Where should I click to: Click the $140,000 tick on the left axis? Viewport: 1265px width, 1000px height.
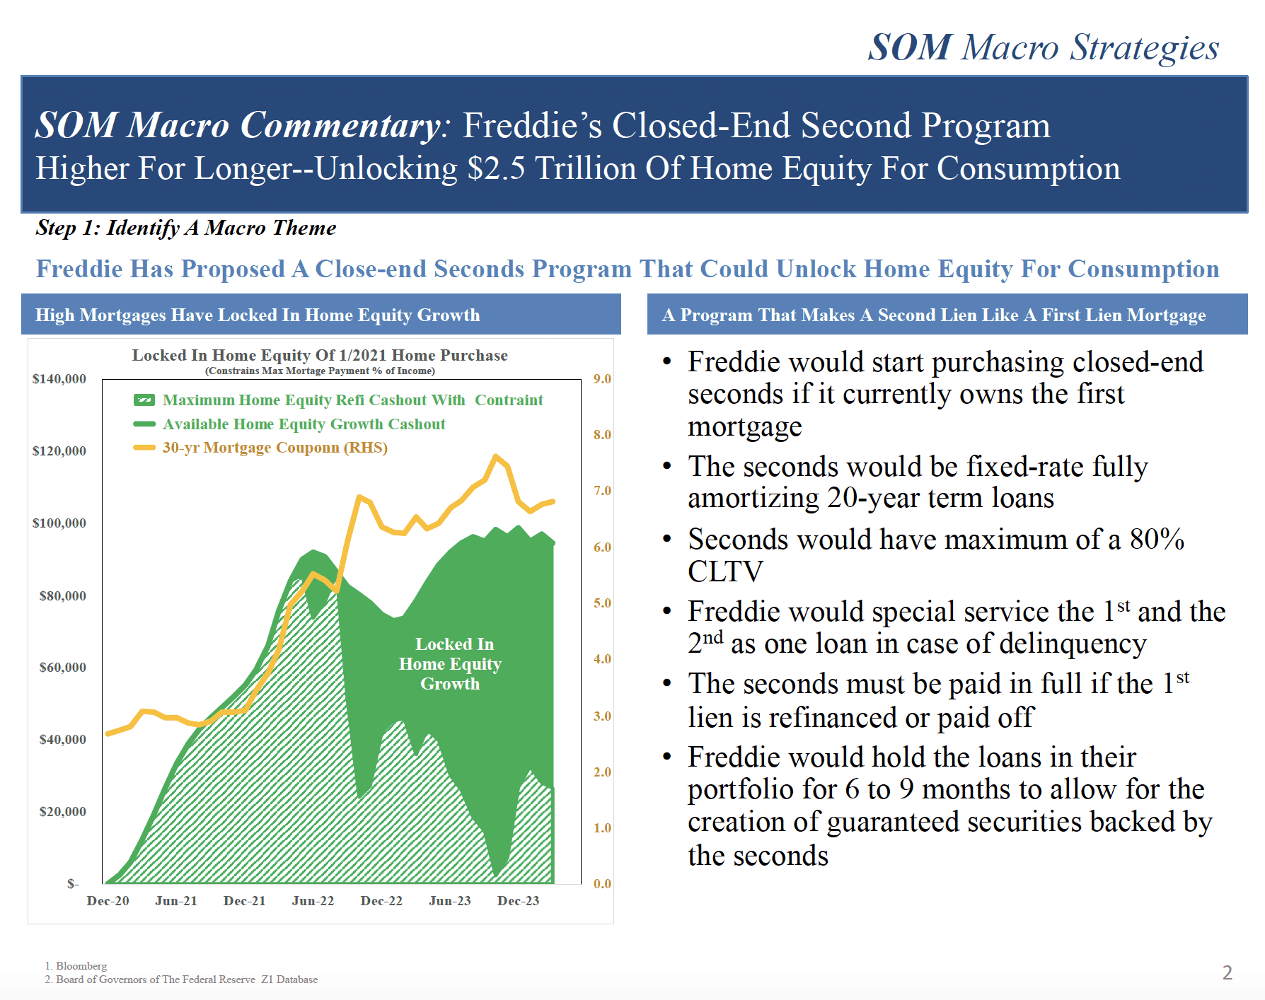click(59, 379)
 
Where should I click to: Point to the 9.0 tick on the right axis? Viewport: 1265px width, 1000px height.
click(602, 379)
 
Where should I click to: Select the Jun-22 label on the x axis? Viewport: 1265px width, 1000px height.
click(313, 901)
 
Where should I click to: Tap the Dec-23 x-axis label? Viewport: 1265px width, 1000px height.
click(518, 901)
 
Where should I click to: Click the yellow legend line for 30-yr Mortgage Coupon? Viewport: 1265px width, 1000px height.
click(144, 448)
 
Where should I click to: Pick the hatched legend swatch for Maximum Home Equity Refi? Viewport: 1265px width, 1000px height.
click(144, 400)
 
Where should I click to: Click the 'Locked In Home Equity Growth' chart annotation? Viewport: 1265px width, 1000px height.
click(450, 664)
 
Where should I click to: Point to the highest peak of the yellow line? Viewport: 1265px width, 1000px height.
click(496, 457)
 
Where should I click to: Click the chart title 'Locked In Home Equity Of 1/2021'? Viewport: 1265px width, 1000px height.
click(320, 355)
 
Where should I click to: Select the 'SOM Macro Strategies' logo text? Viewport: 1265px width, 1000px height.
click(1044, 48)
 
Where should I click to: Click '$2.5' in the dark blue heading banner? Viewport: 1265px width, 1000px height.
click(496, 169)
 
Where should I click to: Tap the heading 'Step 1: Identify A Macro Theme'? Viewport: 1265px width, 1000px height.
click(186, 228)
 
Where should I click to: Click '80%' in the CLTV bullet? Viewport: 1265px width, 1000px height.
click(1157, 540)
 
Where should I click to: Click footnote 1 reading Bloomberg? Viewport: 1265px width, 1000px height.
click(76, 966)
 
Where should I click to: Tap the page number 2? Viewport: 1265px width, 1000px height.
click(1228, 972)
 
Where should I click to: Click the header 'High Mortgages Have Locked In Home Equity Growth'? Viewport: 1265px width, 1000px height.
click(258, 315)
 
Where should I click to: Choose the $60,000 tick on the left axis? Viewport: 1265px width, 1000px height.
click(63, 668)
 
